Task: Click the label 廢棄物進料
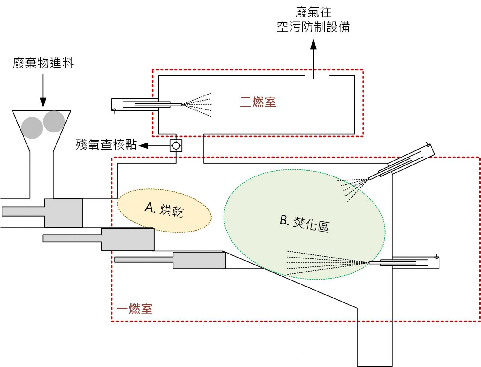43,63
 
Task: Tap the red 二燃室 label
258,102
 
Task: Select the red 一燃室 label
134,309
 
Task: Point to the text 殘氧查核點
106,145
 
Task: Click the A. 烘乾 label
164,210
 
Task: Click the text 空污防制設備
313,27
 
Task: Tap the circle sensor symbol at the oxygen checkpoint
176,146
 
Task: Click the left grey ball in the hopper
32,128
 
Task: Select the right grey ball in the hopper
54,121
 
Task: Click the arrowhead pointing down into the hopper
43,102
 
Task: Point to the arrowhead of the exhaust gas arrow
313,45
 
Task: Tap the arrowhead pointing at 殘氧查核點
144,146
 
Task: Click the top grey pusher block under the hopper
64,213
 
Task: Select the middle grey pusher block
128,239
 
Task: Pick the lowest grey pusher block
199,260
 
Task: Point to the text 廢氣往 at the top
313,12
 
